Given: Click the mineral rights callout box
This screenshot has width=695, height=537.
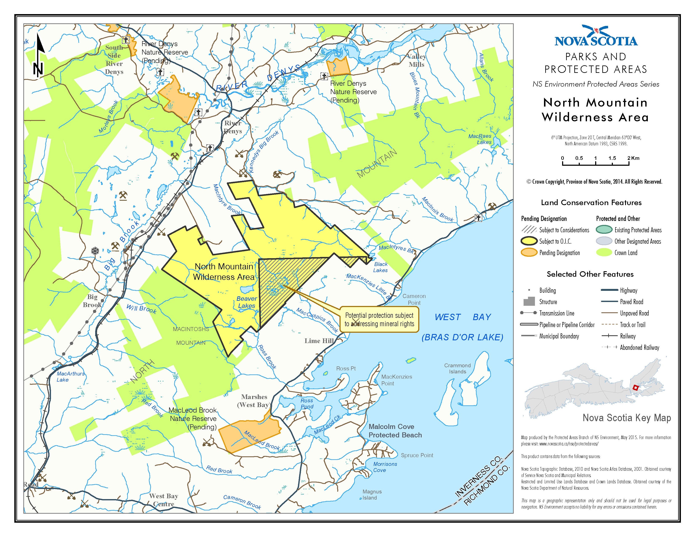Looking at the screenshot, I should [379, 319].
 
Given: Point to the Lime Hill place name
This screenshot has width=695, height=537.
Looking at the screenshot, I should [319, 341].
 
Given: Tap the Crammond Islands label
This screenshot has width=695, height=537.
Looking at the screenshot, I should [458, 368].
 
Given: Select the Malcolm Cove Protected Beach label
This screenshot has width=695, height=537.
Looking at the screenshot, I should [395, 431].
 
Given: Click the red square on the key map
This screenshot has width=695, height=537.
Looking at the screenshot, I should [635, 387].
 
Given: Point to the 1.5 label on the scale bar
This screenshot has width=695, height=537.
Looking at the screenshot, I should [612, 158].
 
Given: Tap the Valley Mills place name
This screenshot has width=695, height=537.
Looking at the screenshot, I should [417, 60].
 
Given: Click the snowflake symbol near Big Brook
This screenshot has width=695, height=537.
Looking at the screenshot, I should [95, 251].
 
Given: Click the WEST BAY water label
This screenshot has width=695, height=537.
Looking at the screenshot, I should [463, 317].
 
